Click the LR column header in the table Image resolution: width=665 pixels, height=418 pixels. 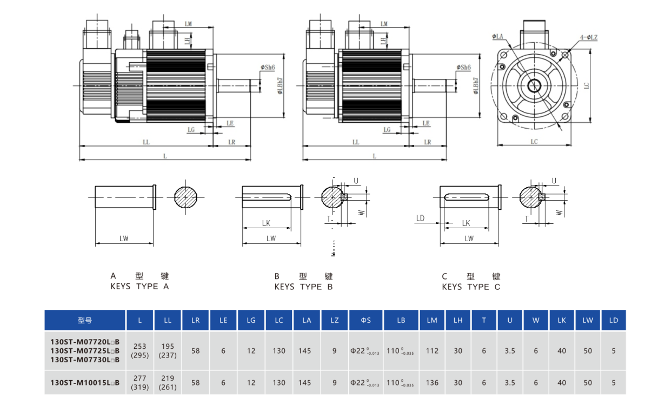pos(195,320)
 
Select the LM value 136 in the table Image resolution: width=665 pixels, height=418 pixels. pos(431,383)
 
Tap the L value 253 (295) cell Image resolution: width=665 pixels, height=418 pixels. pos(139,351)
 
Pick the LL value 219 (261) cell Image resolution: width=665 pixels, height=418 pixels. pos(168,383)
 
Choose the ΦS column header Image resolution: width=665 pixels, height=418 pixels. pos(366,320)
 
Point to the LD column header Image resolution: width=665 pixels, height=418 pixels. pos(613,320)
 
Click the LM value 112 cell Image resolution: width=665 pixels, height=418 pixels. pos(431,351)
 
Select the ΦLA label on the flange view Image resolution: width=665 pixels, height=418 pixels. pos(498,36)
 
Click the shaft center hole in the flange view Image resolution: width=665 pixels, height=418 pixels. pos(535,85)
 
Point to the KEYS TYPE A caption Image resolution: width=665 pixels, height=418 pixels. pos(139,287)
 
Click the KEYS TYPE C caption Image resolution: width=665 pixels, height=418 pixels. pos(471,287)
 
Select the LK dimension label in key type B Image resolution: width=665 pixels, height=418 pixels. pos(266,223)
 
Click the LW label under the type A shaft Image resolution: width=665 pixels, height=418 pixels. pos(124,238)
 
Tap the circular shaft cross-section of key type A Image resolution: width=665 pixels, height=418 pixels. pos(185,197)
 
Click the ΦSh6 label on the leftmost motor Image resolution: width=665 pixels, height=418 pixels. pos(267,68)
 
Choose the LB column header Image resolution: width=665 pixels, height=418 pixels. pos(401,320)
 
